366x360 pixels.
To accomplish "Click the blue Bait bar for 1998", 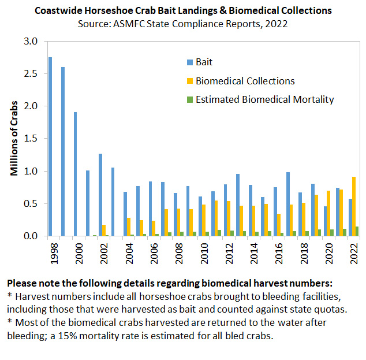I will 50,147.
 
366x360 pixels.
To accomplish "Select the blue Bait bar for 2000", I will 75,174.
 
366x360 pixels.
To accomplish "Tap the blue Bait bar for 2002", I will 100,195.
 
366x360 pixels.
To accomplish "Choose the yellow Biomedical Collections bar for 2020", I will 328,213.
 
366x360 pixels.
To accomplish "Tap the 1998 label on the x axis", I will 54,253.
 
